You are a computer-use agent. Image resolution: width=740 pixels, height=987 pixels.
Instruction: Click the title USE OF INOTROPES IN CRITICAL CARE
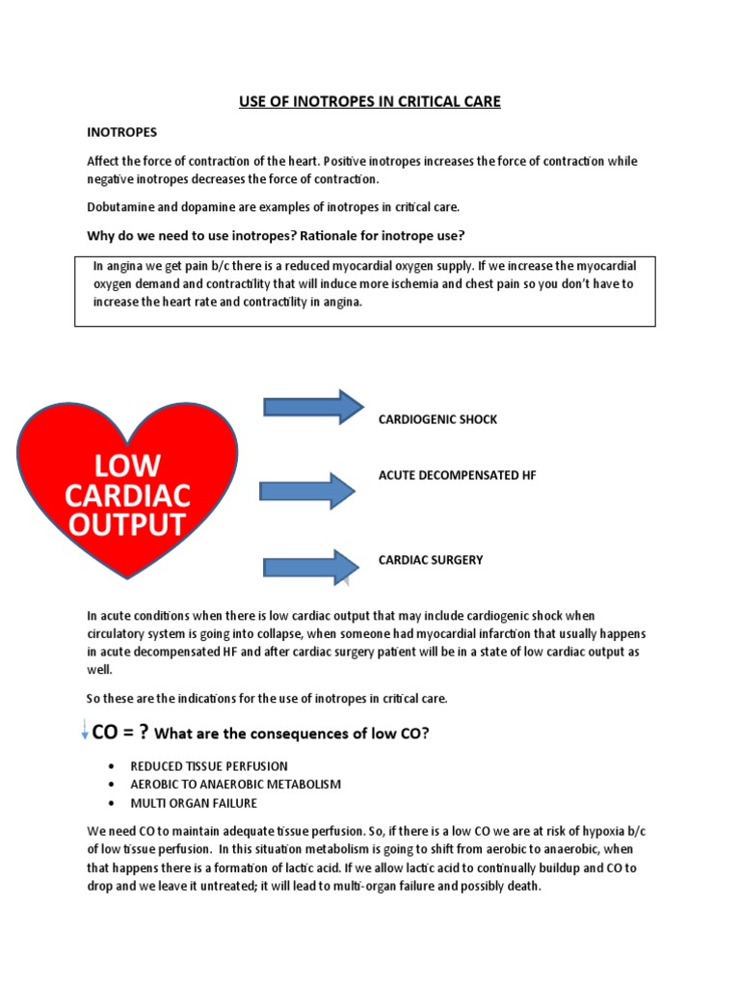tap(370, 101)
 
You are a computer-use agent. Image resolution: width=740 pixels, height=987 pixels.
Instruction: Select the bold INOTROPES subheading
tap(122, 131)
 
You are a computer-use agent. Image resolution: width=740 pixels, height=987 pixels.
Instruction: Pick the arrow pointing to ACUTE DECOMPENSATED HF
tap(313, 490)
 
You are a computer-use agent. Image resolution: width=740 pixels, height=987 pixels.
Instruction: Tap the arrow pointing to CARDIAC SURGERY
tap(313, 567)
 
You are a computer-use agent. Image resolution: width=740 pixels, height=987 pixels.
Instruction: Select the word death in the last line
tap(525, 886)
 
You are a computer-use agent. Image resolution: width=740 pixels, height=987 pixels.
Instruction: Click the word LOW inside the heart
tap(127, 467)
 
